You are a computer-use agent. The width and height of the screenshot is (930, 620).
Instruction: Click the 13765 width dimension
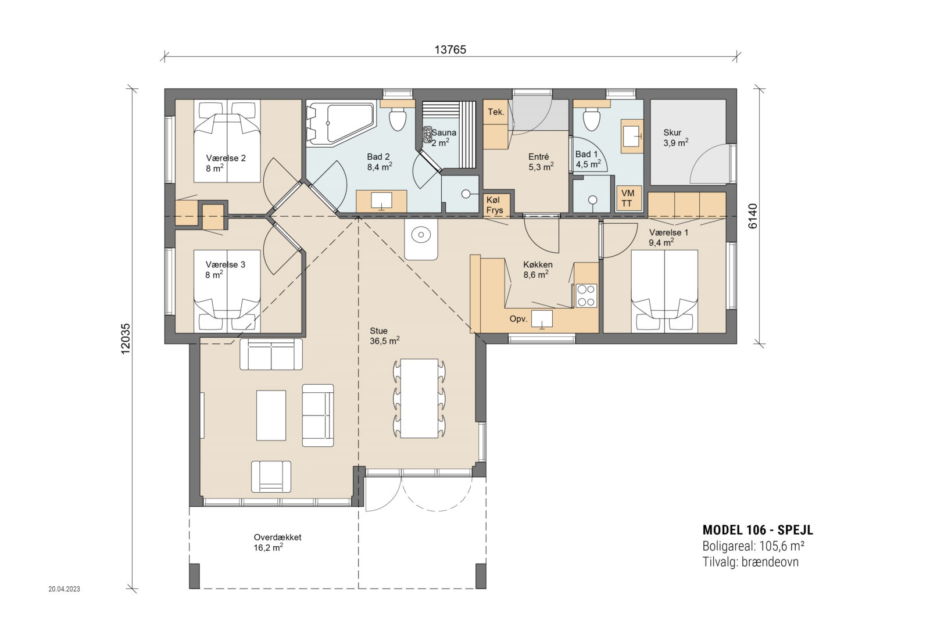pos(450,49)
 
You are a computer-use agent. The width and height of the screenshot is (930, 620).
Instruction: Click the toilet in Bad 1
pos(591,120)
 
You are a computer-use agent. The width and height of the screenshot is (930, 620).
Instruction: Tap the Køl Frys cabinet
pos(495,205)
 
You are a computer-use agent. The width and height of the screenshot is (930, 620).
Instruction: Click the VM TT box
pos(628,198)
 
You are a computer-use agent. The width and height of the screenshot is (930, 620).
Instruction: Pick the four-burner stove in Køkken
pos(586,295)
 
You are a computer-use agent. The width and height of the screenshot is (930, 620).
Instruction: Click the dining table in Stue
pos(419,398)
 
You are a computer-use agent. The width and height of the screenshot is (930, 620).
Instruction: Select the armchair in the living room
pos(271,476)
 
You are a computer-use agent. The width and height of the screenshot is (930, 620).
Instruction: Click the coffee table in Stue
pos(271,415)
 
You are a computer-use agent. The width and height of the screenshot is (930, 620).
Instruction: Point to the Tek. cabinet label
pos(496,112)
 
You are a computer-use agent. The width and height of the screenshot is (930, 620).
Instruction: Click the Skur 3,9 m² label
pos(675,137)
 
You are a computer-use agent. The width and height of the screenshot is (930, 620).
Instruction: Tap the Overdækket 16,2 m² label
pos(277,542)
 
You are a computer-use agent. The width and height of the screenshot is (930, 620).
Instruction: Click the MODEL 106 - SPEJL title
pos(757,530)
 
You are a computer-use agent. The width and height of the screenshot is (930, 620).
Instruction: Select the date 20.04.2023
pos(64,589)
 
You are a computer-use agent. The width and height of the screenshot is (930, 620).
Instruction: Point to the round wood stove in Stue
pos(420,235)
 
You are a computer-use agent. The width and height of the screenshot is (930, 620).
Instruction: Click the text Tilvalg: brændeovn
pos(750,562)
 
